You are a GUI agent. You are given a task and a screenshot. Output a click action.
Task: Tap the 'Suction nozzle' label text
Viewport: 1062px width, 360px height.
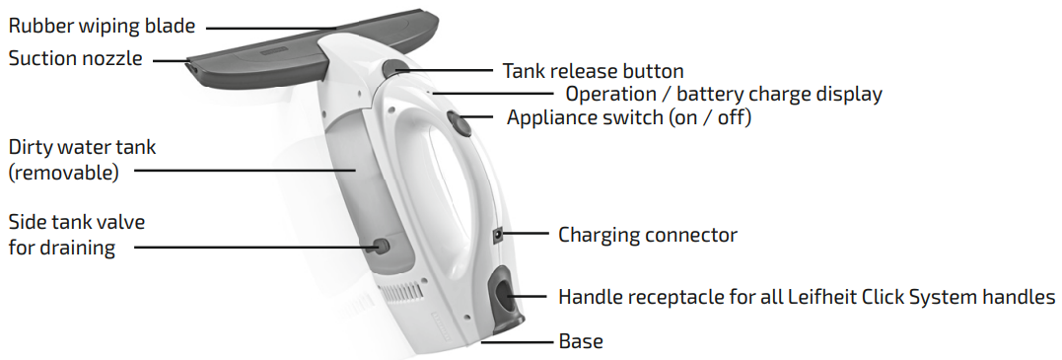75,58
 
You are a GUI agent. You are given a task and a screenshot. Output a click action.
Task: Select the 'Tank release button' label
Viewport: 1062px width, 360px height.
593,71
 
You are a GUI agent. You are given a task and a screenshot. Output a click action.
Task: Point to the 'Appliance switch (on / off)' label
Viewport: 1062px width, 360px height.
629,118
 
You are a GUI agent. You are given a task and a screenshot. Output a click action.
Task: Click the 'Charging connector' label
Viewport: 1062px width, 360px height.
648,235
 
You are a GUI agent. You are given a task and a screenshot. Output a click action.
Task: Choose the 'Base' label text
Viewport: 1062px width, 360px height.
581,341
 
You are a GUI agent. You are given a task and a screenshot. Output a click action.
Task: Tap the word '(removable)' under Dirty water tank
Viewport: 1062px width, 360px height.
63,172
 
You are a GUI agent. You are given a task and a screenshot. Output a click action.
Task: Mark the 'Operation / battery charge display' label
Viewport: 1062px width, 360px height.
723,95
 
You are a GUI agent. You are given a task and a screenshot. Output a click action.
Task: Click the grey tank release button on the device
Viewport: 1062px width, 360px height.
395,68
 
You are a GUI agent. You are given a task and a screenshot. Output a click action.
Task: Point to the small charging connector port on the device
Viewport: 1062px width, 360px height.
498,235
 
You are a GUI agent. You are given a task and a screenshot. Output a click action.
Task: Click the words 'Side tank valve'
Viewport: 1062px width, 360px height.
77,221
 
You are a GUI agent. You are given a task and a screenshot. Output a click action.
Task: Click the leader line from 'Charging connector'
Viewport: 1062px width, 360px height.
527,234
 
